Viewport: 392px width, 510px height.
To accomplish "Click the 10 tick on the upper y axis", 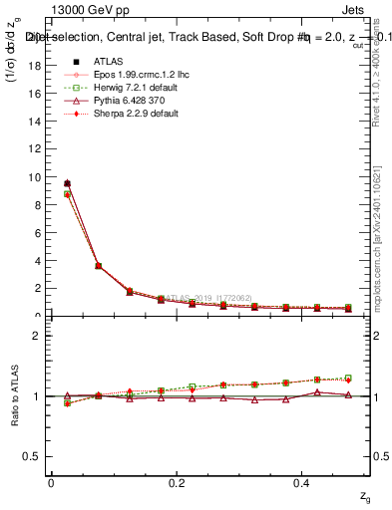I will [36, 177].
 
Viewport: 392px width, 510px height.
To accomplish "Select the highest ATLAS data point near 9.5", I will [67, 183].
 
